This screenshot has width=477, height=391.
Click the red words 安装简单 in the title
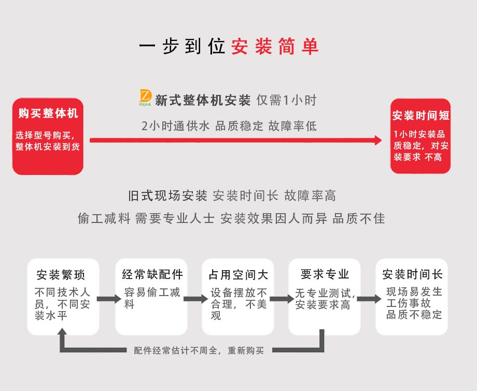click(x=275, y=46)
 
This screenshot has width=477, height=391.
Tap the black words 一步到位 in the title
click(x=182, y=46)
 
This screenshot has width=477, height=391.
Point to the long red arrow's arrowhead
click(x=377, y=140)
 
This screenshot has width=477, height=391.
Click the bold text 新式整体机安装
click(x=203, y=100)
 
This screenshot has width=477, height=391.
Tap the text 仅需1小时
click(x=286, y=100)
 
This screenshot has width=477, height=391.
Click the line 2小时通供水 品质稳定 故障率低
click(x=229, y=126)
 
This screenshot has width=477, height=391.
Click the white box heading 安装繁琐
click(x=61, y=274)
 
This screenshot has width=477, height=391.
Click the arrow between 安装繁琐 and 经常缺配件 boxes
click(x=107, y=299)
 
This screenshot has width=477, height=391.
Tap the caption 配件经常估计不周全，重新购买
click(x=199, y=351)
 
